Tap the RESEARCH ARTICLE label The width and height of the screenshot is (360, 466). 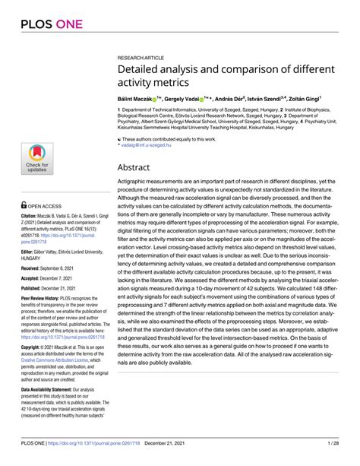tap(141, 58)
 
